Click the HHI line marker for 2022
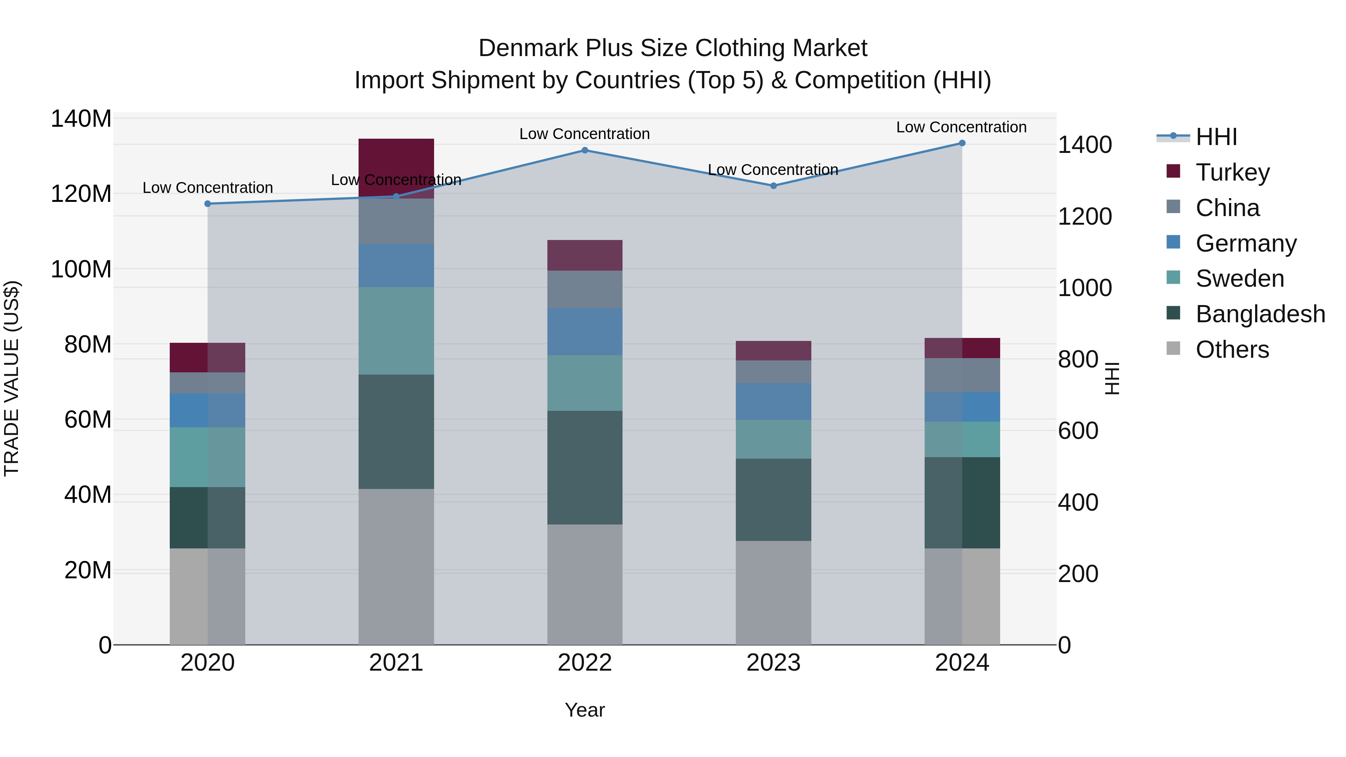585,150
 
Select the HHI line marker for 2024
962,143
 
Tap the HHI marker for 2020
208,204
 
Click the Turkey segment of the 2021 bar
396,162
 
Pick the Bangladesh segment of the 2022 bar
585,468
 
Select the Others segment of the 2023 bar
773,593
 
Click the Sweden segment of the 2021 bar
396,331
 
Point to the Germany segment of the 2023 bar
773,401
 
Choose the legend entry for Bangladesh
1260,314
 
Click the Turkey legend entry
1232,172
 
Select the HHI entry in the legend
1216,137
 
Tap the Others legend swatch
1173,348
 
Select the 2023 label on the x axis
773,663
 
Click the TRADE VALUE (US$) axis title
12,378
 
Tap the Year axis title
585,710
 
